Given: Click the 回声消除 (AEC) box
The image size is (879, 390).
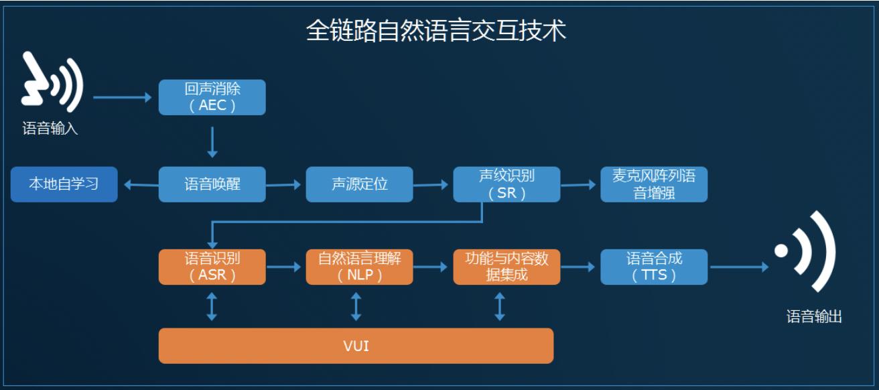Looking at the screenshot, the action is pos(212,97).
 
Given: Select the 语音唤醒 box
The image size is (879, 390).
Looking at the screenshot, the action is pos(212,184).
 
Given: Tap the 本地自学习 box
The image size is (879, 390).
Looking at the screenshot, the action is pos(64,184).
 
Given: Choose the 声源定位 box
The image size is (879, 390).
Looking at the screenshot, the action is pos(360,184).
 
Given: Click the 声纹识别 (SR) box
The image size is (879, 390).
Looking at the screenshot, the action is pos(506,184).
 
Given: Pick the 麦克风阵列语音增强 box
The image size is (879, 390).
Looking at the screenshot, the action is pos(654,184).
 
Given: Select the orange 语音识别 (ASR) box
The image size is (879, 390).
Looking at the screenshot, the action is pos(212,267).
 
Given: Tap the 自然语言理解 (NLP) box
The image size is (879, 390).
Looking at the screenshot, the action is pos(360,267).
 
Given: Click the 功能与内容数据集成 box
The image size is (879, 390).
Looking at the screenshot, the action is pos(506,267).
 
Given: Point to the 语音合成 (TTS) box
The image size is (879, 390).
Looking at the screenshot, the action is pos(654,267).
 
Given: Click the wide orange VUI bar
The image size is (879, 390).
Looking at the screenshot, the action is pos(356,346).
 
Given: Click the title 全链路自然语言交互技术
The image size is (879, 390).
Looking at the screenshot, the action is pos(436,31).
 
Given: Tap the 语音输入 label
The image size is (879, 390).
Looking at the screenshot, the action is pos(50,128).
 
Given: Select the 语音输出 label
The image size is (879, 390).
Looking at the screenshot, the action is pos(814,316).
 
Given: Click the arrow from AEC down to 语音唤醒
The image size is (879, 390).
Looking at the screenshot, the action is pos(212,142).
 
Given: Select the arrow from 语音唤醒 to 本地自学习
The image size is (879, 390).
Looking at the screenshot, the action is pos(141,184).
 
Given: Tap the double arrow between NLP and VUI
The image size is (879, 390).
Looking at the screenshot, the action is pos(356,306).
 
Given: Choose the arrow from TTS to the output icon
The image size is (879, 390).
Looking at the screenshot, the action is pos(739,267).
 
